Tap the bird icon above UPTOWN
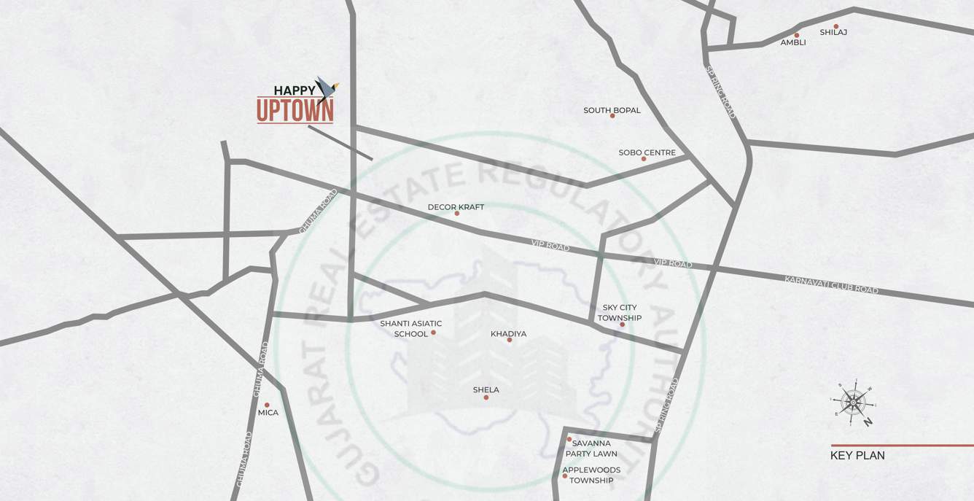coord(325,89)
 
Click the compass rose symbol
coord(853,401)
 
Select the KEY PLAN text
coord(857,456)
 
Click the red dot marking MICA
coord(267,405)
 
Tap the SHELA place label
coord(486,390)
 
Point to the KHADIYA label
coord(508,334)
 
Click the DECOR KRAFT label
coord(456,207)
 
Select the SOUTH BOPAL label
coord(612,110)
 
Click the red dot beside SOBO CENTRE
coord(644,159)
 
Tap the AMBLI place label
coord(793,42)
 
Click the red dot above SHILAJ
coord(836,27)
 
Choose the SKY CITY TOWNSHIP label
coord(620,313)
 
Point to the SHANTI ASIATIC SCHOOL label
coord(410,328)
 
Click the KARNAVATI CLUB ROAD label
coord(831,285)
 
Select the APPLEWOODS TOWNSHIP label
coord(591,475)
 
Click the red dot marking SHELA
coord(486,397)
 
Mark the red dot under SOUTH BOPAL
coord(612,116)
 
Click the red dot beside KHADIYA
coord(509,341)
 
